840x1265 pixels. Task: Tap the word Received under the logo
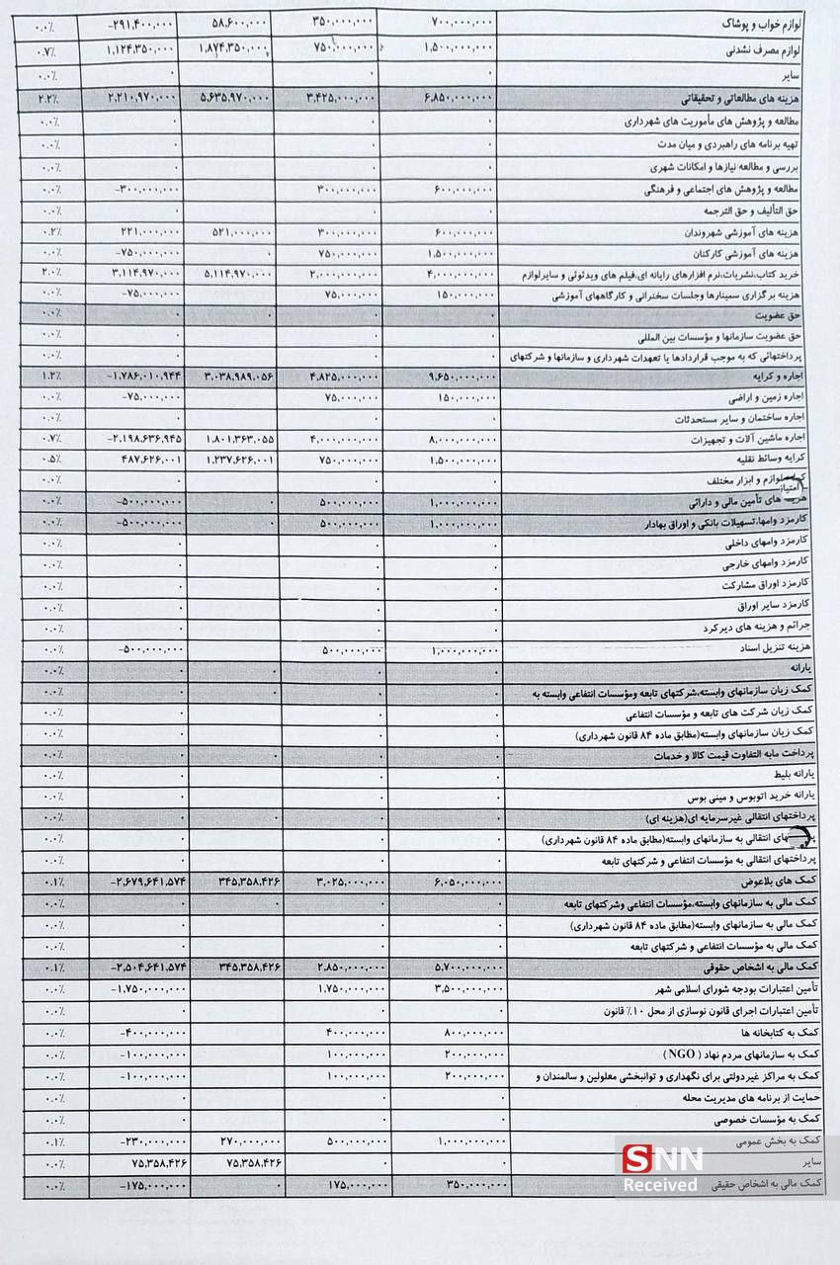(661, 1183)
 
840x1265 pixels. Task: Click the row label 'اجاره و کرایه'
(787, 378)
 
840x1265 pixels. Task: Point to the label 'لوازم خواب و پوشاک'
(770, 20)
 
